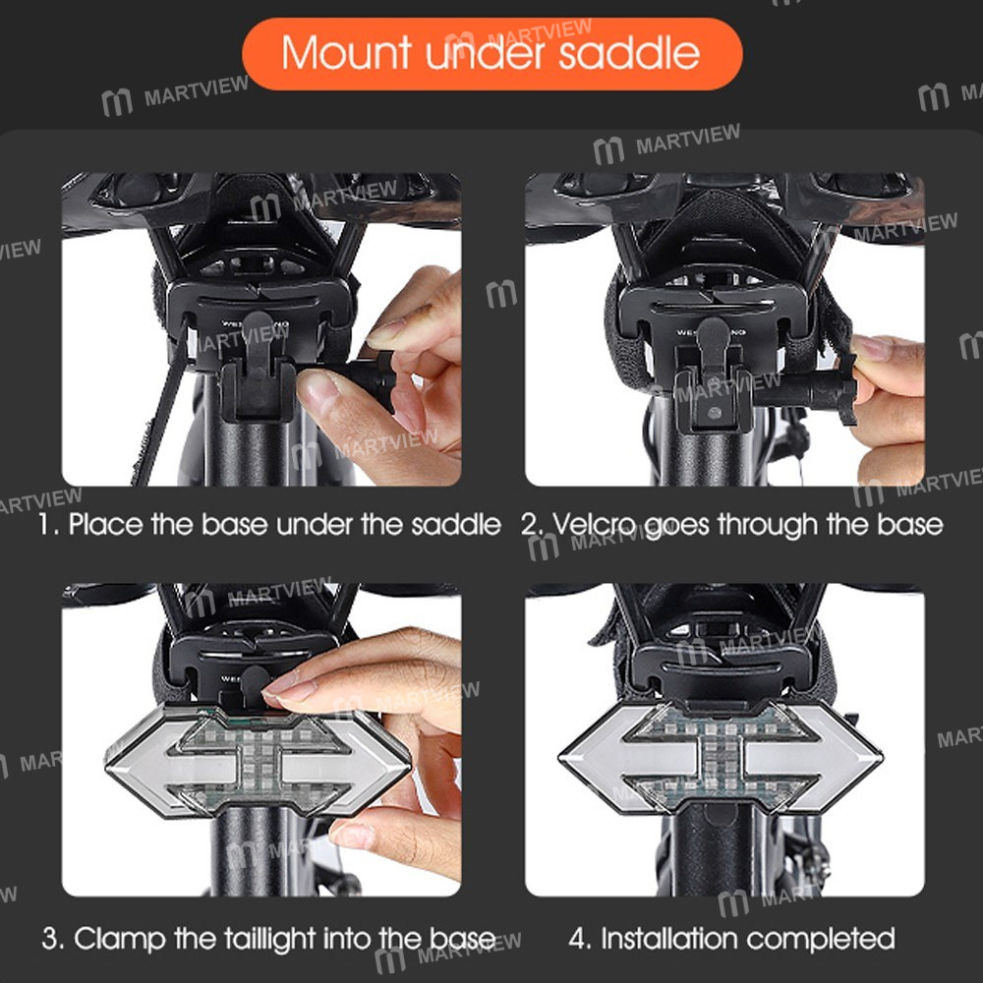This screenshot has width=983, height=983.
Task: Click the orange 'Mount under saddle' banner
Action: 491,53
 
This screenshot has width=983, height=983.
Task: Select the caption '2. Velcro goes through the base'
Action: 732,524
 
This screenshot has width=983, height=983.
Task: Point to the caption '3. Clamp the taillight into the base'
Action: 268,938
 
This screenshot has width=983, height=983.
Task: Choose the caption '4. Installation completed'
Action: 732,938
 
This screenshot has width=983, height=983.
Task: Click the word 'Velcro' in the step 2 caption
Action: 594,524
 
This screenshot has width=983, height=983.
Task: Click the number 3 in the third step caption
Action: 51,938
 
